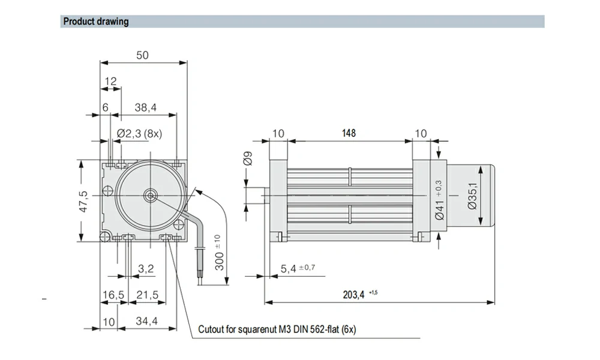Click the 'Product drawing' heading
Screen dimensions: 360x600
pos(96,22)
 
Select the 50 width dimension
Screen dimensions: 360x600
pos(142,55)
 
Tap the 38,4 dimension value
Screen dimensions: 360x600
pos(145,107)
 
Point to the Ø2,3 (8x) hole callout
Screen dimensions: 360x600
pos(140,133)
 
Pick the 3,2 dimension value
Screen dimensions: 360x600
pos(146,269)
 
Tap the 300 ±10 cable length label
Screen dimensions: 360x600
pos(220,252)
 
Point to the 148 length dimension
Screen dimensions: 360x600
pos(349,133)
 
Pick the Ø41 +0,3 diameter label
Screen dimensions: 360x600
pos(439,201)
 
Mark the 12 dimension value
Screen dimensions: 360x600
pos(111,81)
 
